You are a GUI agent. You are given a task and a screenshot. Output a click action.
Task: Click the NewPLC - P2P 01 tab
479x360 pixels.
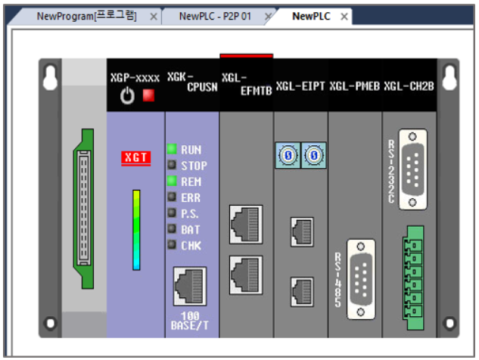215,16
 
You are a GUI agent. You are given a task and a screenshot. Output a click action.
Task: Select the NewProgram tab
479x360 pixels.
86,16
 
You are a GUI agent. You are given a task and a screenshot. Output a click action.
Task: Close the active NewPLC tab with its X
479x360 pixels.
344,17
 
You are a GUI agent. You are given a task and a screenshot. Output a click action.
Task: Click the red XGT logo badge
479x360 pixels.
136,157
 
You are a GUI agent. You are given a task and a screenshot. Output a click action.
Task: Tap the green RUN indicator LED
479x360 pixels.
172,149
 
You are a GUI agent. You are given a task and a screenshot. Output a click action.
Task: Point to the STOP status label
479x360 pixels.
194,166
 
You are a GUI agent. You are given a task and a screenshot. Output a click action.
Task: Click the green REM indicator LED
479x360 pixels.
172,182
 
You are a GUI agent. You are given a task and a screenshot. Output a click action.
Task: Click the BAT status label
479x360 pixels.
191,229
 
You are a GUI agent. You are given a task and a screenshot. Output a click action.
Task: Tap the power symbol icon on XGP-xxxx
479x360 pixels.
128,96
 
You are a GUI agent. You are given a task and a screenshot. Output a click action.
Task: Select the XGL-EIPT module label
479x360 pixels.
300,85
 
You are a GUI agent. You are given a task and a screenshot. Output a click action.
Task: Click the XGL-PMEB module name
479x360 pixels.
355,85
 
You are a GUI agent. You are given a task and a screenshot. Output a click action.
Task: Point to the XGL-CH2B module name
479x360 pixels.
409,85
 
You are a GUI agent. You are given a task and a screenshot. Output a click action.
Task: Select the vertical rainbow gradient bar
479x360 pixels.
136,230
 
